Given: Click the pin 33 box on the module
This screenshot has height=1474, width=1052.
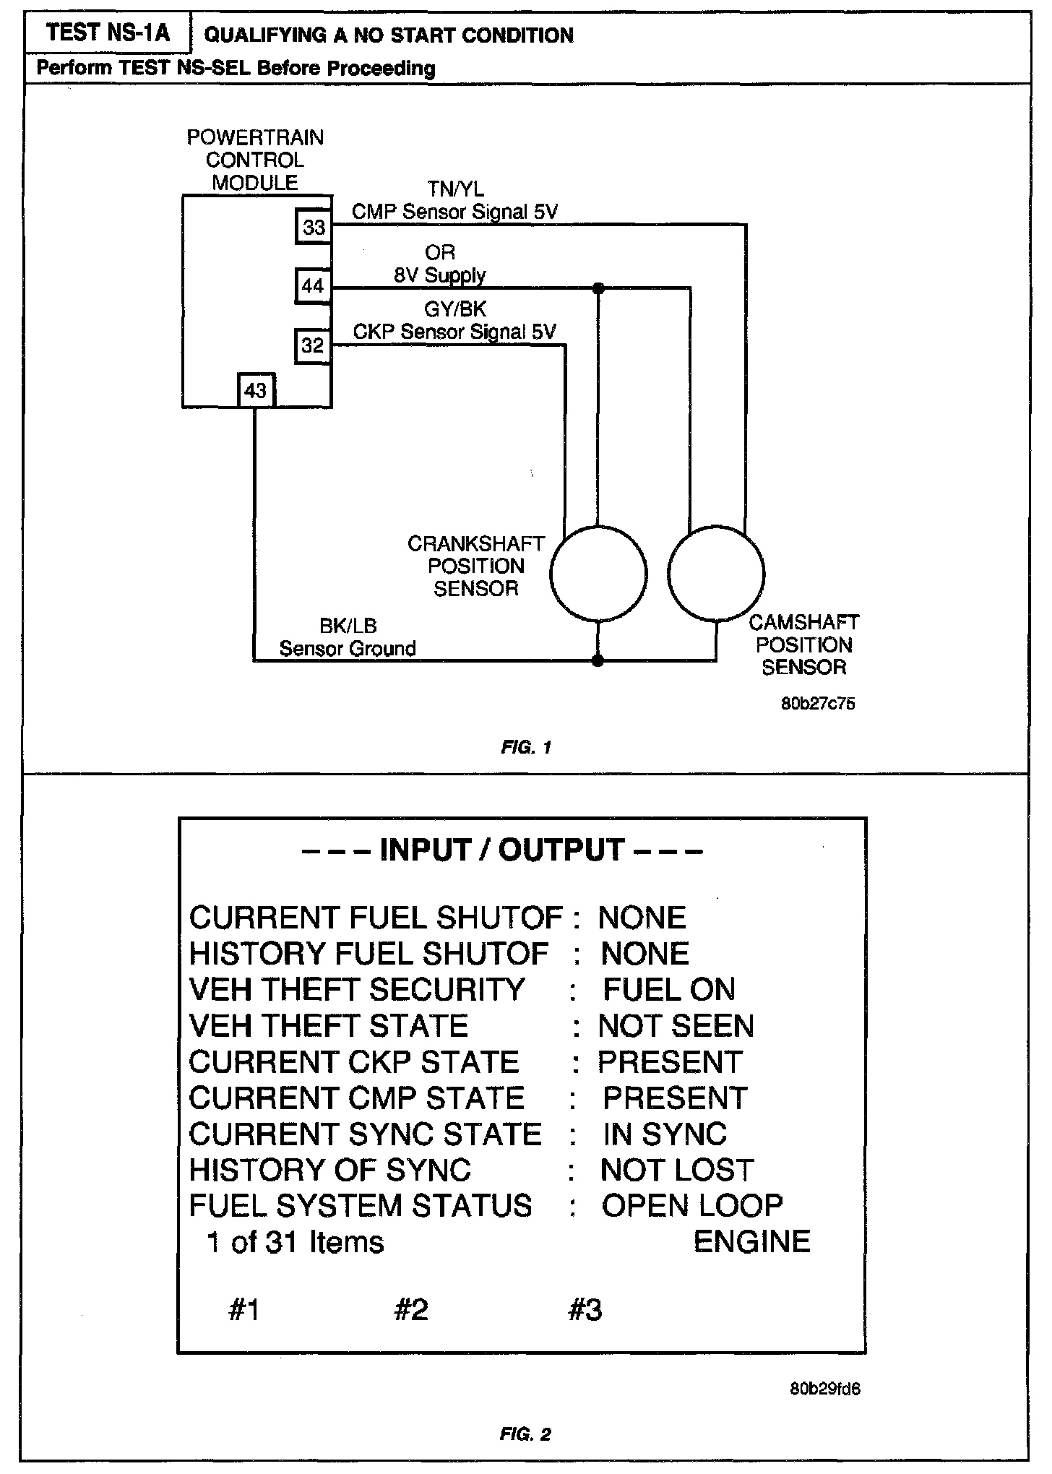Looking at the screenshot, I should (314, 228).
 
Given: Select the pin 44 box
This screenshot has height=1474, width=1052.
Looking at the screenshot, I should (313, 286).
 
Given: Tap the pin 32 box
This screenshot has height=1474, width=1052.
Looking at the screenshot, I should (313, 345).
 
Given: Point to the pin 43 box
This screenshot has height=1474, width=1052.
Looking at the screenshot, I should (256, 391).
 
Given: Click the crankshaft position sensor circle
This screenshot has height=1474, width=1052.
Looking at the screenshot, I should (598, 574).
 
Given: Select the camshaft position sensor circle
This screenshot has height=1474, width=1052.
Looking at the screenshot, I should (716, 574).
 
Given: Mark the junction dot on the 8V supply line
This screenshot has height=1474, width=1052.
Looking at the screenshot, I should (598, 288).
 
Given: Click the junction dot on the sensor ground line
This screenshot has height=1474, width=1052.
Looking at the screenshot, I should (598, 660).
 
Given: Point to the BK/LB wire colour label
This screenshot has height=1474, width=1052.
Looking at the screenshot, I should (348, 626).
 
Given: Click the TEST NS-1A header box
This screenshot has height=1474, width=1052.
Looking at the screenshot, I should (108, 33).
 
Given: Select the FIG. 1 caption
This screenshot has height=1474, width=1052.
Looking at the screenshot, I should (526, 748).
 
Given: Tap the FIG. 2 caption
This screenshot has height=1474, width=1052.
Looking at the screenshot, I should (526, 1434).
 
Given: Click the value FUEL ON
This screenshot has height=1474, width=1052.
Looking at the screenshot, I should (668, 989).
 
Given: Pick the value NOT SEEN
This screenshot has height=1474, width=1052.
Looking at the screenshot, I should (676, 1025).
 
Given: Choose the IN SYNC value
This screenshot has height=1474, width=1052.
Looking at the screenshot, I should (665, 1134).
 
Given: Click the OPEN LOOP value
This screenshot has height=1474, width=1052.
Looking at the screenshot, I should (692, 1205).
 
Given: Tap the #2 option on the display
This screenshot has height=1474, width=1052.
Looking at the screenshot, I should (411, 1310).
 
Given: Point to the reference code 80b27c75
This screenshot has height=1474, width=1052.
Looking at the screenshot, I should (818, 703).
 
